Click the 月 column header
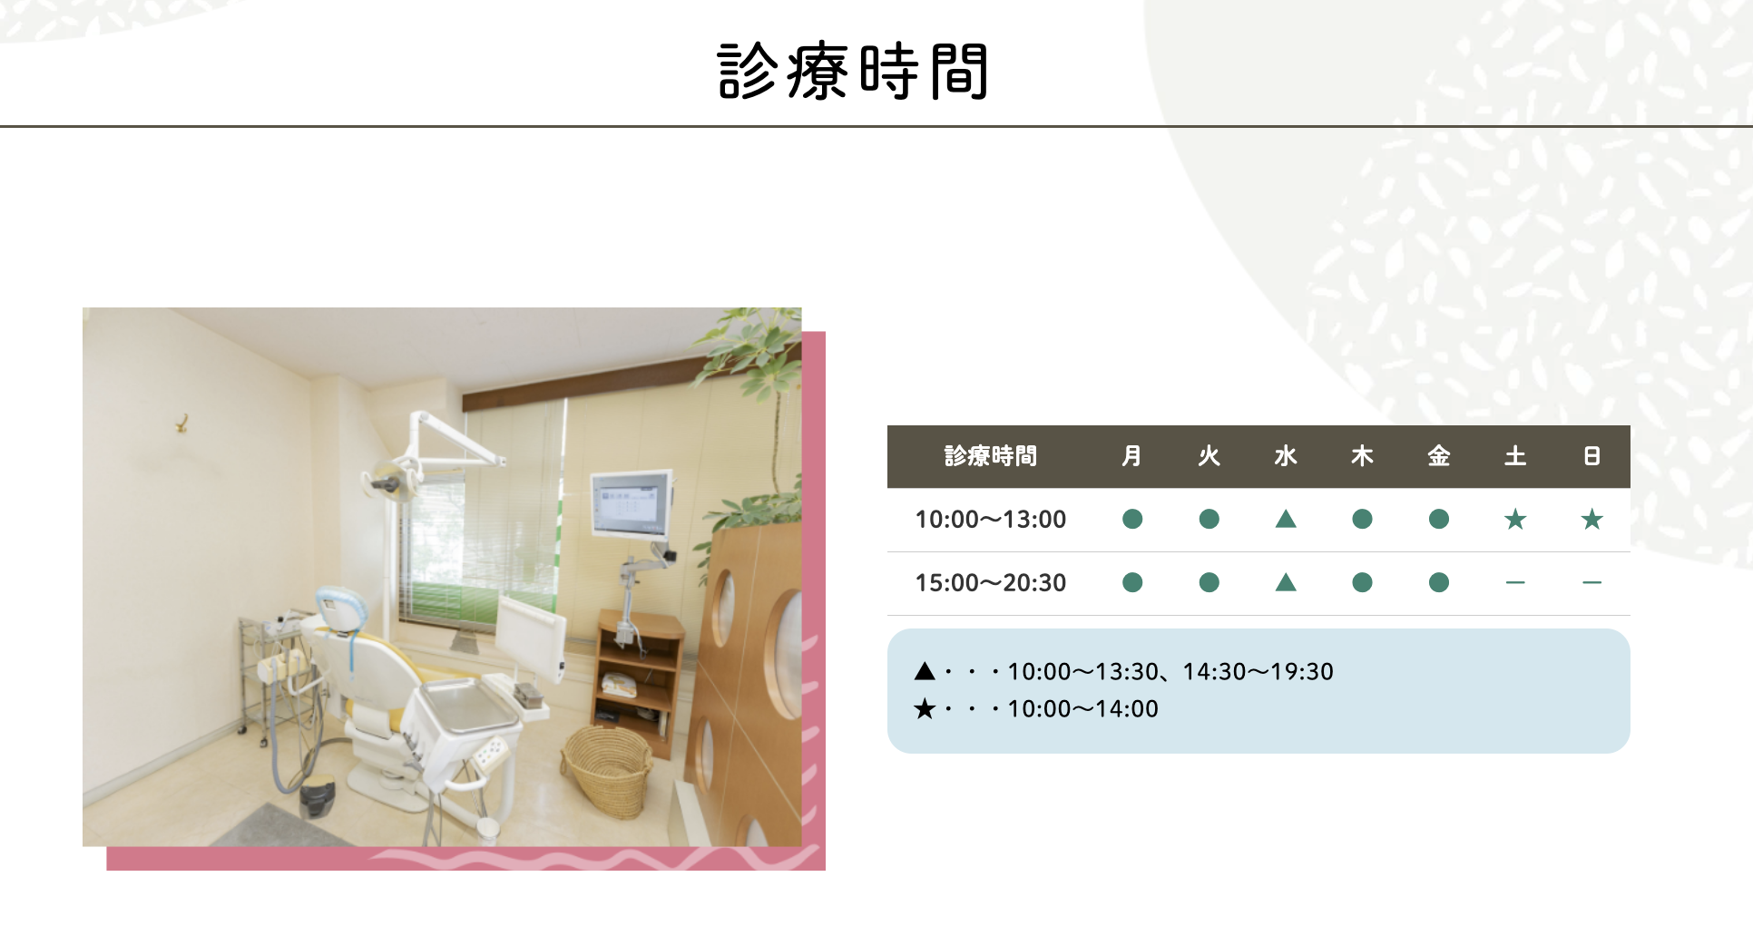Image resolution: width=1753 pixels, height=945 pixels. pos(1131,456)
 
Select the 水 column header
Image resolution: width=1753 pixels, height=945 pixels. pos(1285,456)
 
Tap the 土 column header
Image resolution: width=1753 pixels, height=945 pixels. pos(1514,456)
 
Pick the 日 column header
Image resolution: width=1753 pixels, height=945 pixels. pos(1591,456)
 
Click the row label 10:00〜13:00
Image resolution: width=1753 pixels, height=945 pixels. pos(990,520)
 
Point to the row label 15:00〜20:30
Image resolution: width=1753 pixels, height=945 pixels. pos(990,583)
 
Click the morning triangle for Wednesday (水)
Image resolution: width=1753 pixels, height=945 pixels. pos(1285,520)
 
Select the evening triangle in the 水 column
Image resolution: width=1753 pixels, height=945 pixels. pos(1285,583)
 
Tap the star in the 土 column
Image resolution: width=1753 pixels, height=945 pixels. pos(1514,520)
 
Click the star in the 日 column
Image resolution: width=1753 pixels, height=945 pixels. pos(1591,520)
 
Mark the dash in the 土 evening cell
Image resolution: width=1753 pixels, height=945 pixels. pos(1514,583)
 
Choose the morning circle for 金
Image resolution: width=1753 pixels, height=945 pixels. pos(1438,520)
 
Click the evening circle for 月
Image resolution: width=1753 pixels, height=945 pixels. pos(1131,583)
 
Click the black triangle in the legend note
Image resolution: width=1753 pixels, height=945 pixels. pos(925,672)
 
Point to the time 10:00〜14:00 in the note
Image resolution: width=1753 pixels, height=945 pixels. pos(1082,709)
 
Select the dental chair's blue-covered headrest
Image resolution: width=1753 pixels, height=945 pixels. pos(339,609)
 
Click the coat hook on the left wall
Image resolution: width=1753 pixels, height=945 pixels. pos(181,423)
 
